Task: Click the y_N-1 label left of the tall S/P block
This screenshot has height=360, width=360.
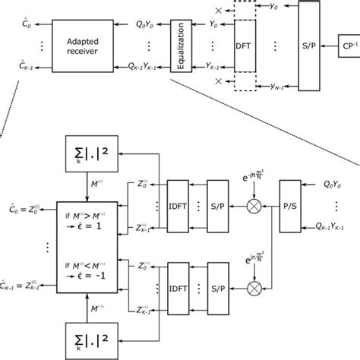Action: [274, 84]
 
